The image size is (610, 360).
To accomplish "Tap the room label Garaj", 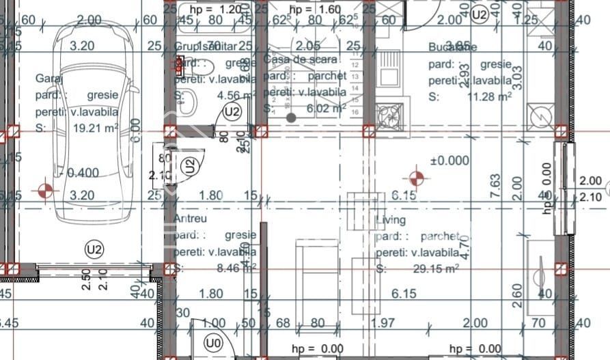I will pos(49,79).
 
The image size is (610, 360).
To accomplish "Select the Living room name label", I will pos(391,220).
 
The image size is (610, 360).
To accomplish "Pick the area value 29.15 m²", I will pos(435,269).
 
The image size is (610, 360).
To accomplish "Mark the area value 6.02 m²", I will pos(324,108).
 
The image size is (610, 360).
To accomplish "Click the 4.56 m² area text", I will pos(236,96).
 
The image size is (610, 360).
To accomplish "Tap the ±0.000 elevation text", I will pos(449,161).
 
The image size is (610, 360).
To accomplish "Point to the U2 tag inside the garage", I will pos(94,250).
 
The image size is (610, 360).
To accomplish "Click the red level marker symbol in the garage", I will pos(45,191).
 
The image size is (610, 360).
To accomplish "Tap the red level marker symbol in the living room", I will pos(416,180).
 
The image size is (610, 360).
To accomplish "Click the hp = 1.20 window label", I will pos(215,10).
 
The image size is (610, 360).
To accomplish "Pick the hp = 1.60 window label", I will pos(314,10).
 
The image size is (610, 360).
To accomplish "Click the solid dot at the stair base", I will pos(291,117).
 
